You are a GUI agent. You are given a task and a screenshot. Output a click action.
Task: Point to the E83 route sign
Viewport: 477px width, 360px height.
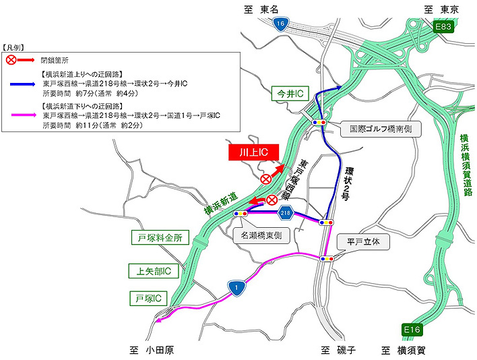[443, 27]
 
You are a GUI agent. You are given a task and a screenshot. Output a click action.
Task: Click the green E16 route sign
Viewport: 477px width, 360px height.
[412, 329]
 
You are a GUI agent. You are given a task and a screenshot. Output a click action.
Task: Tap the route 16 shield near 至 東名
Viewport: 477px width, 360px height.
[280, 24]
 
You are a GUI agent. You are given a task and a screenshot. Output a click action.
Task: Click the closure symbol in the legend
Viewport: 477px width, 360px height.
[11, 60]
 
